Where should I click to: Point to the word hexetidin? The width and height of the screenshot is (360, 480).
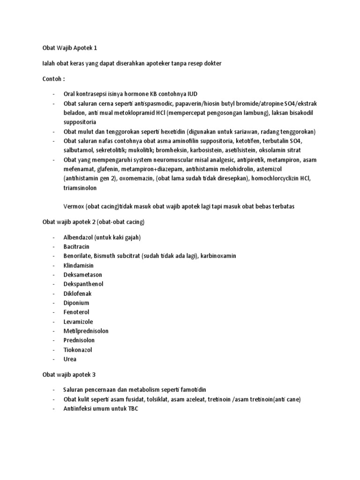183,131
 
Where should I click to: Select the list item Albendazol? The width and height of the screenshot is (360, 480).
79,237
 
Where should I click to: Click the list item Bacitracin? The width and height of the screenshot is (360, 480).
76,247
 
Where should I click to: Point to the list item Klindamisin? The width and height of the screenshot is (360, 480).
78,265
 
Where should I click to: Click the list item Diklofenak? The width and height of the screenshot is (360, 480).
77,293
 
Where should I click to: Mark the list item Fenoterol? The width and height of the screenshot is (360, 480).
76,312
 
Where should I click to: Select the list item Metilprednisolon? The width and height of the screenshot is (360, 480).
86,331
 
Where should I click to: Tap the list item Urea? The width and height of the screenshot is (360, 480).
70,359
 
